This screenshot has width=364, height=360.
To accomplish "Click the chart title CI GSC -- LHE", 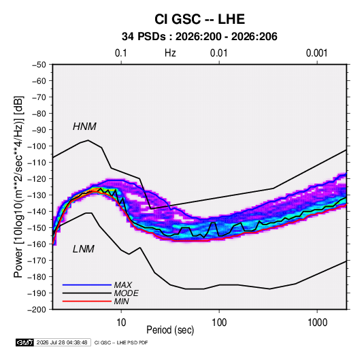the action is (x=199, y=19).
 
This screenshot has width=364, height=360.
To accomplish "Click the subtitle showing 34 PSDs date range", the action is (x=199, y=37).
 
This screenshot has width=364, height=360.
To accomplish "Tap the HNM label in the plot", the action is (x=84, y=127).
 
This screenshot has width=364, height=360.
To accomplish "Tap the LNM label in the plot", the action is (x=84, y=249).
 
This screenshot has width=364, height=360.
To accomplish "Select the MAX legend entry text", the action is (x=122, y=285).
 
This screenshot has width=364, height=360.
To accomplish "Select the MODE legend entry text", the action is (x=126, y=293).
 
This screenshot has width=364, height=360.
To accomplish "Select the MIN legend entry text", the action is (x=121, y=301).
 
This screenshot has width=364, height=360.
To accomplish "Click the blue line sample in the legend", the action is (x=87, y=285).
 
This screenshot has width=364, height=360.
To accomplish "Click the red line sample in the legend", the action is (x=87, y=301).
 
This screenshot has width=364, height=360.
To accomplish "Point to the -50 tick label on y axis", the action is (x=39, y=65).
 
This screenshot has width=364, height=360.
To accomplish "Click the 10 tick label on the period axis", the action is (x=121, y=323).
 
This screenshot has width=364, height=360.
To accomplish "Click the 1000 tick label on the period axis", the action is (x=317, y=323).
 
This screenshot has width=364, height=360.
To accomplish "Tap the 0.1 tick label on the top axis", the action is (x=121, y=53).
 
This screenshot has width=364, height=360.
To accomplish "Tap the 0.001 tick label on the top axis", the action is (x=317, y=53).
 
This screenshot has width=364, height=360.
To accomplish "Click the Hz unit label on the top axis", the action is (x=170, y=53).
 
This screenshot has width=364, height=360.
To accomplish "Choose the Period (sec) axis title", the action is (x=170, y=330).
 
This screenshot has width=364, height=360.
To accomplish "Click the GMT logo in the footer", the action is (x=24, y=342).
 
